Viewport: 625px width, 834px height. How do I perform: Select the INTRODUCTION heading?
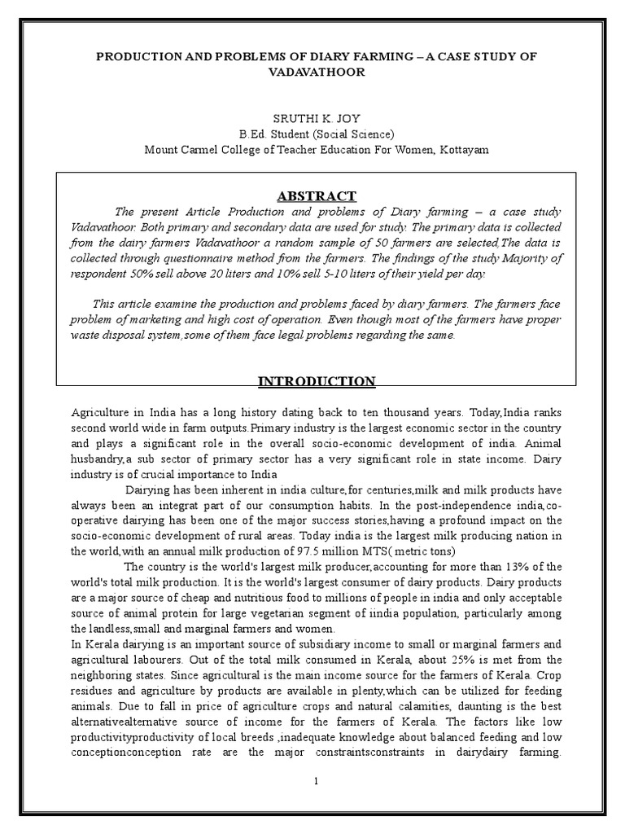pyautogui.click(x=317, y=381)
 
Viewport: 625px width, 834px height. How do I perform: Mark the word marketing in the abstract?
pyautogui.click(x=179, y=319)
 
